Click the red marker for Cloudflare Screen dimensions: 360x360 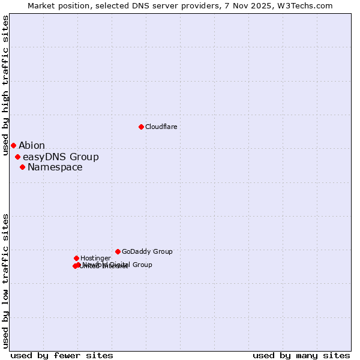point(141,127)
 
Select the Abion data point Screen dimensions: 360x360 point(13,145)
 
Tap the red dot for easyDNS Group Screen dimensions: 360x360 point(17,157)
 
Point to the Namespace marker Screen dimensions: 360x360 point(22,167)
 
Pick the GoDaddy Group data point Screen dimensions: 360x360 point(118,251)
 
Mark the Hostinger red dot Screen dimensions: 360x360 point(76,258)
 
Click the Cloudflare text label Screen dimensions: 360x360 point(161,127)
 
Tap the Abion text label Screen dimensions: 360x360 point(32,146)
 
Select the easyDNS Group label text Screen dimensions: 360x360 point(61,157)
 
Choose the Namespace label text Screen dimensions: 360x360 point(55,167)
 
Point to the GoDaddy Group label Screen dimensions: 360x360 point(147,252)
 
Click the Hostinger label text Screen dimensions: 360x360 point(95,259)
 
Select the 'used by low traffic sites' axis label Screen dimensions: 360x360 point(5,281)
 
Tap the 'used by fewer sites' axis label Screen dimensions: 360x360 point(62,355)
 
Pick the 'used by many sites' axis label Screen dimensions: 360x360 point(301,355)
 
